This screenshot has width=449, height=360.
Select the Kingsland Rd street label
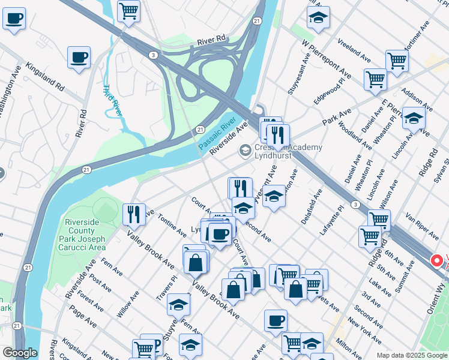point(45,75)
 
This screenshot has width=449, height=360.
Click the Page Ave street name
point(83,316)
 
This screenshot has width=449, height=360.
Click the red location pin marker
point(438,262)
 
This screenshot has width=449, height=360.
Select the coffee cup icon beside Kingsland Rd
point(79,58)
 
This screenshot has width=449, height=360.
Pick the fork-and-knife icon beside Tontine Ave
point(134,214)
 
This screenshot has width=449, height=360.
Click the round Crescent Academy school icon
point(245,150)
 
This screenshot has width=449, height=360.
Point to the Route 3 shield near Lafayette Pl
point(357,206)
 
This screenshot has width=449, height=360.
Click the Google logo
point(20,353)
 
